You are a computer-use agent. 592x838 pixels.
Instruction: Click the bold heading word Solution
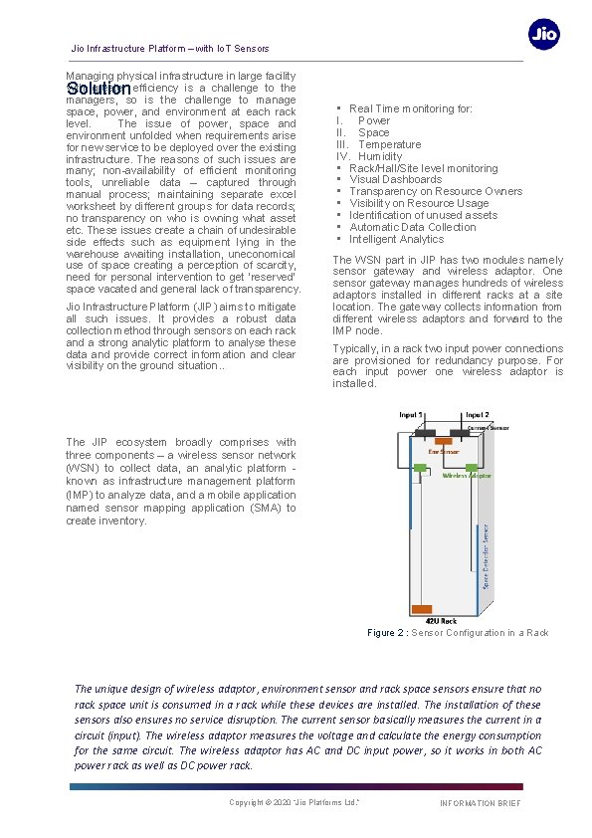[x=93, y=89]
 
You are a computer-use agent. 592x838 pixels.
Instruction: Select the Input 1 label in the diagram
[x=413, y=414]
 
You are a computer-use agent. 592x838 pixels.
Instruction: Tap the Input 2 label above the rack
[x=477, y=414]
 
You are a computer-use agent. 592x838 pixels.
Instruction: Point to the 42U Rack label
[x=427, y=620]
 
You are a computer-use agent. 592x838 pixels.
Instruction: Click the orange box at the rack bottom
[x=422, y=608]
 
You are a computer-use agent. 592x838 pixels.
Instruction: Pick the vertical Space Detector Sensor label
[x=486, y=555]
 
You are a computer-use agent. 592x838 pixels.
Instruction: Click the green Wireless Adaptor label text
[x=467, y=476]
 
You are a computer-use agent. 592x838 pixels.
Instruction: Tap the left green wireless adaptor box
[x=421, y=467]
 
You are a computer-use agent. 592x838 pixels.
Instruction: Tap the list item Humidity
[x=380, y=156]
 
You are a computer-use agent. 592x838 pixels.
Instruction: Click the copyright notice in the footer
[x=295, y=802]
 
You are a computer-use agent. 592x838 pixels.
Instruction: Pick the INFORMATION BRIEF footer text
[x=480, y=803]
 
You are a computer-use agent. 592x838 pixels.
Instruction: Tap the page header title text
[x=169, y=49]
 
